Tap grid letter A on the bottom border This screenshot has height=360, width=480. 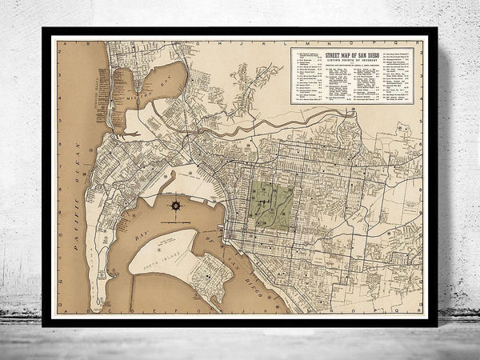pyautogui.click(x=66, y=314)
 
